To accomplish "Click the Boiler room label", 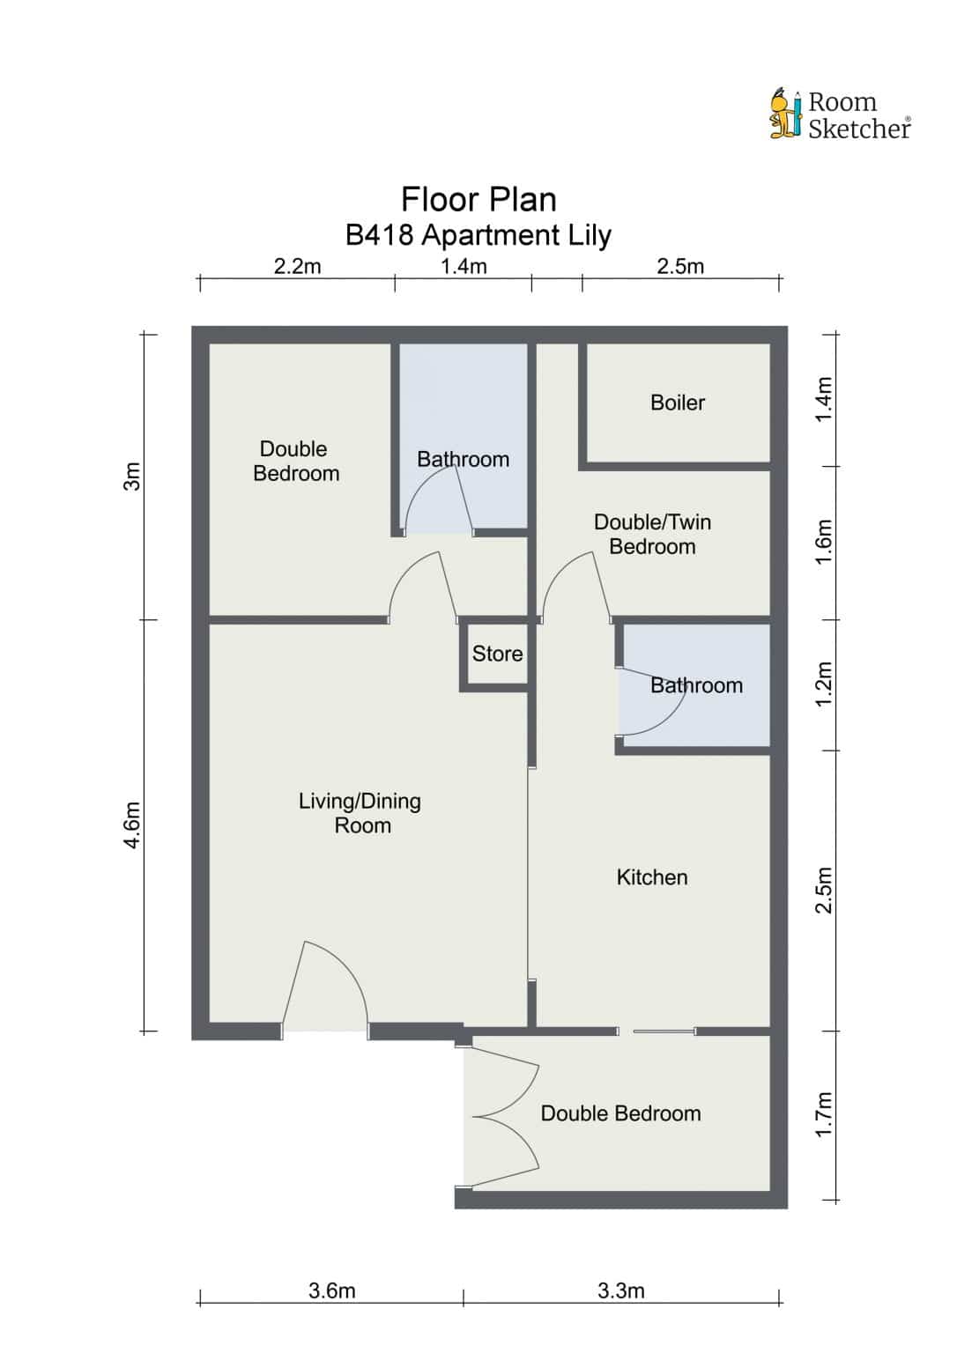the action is pos(678,403).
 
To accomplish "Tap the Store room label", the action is pos(497,654).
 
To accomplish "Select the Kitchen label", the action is pos(652,877).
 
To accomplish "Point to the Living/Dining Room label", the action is pos(360,813).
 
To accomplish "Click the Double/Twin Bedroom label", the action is pos(652,534).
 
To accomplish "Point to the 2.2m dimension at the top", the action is pos(297,266).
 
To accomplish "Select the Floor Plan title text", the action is pos(478,199).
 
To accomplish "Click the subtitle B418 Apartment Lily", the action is pos(478,235).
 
